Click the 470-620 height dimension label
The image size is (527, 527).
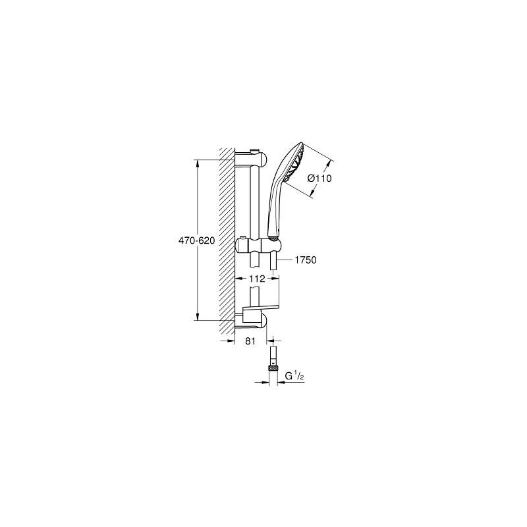tap(196, 240)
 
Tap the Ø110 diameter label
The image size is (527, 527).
tap(319, 178)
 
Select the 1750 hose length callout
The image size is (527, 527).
tap(306, 260)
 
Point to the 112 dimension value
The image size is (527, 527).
tap(257, 279)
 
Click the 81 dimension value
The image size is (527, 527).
tap(250, 341)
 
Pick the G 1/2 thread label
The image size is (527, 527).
tap(294, 376)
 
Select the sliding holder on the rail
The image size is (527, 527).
tap(258, 244)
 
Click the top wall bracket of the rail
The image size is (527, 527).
tap(251, 159)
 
